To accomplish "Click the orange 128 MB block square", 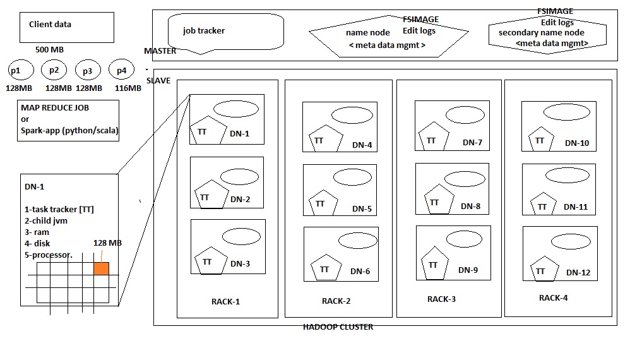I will point(101,268).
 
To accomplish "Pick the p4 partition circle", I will point(121,70).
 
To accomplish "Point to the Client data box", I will point(66,26).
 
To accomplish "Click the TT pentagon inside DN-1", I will point(206,131).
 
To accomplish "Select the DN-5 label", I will point(362,209).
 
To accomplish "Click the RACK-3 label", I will point(441,299).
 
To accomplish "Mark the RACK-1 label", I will point(225,301).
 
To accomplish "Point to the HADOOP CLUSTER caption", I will point(338,327).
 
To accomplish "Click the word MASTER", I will point(160,51).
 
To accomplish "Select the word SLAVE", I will point(158,81).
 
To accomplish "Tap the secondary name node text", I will point(541,32).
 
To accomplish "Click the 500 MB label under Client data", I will point(49,49).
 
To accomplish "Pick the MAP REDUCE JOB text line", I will point(55,108).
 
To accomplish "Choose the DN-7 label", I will point(472,143).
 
